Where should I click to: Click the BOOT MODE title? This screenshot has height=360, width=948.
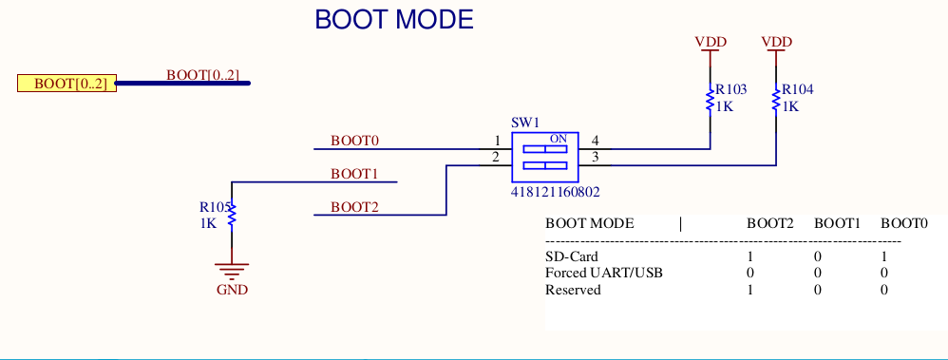tap(393, 19)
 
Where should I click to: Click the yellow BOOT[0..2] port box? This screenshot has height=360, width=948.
tap(66, 84)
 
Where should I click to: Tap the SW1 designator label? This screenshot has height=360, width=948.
tap(525, 123)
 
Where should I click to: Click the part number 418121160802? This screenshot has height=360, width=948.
tap(555, 191)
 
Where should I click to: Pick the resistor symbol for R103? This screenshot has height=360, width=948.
tap(710, 100)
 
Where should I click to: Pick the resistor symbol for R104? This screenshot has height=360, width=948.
tap(776, 100)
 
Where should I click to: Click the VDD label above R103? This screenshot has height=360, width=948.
tap(711, 42)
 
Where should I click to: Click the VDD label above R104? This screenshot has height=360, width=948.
tap(777, 42)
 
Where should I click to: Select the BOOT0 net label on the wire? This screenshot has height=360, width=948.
tap(354, 141)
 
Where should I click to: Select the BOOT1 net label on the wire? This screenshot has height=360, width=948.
tap(354, 174)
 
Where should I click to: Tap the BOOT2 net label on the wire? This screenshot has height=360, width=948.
tap(354, 207)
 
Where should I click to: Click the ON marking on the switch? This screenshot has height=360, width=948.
tap(558, 139)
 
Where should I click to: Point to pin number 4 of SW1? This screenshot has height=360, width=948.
tap(595, 142)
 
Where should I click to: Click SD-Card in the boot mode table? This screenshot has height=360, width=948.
tap(572, 256)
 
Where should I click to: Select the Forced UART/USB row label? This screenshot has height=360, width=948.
tap(603, 274)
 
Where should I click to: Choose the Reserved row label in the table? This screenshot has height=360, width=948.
tap(573, 290)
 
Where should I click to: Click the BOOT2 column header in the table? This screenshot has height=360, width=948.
tap(769, 224)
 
